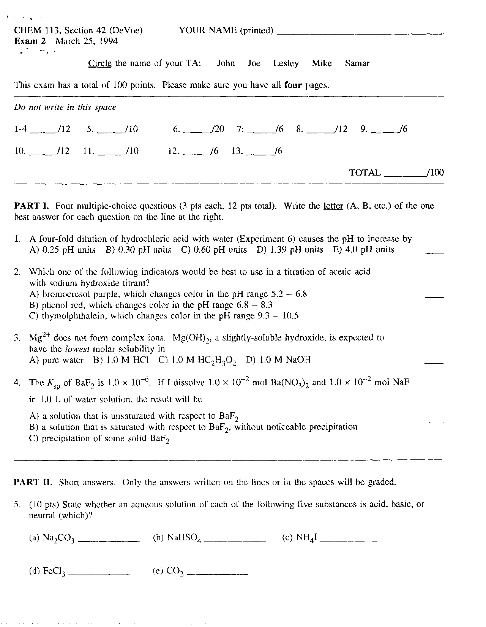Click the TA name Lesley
click(286, 63)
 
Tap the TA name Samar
click(357, 63)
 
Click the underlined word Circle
click(100, 63)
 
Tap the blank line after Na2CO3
click(110, 540)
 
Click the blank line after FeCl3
click(101, 573)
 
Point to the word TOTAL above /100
click(364, 173)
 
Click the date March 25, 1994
click(87, 41)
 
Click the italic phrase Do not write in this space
click(65, 108)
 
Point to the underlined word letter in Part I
click(333, 206)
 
